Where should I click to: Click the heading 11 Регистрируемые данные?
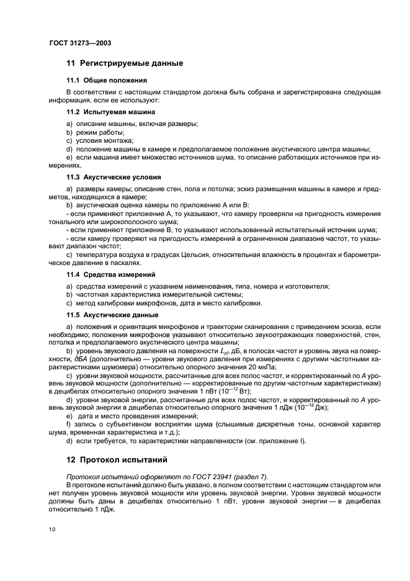click(x=124, y=63)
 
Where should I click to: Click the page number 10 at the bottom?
click(x=53, y=529)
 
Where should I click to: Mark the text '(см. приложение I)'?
click(x=275, y=441)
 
